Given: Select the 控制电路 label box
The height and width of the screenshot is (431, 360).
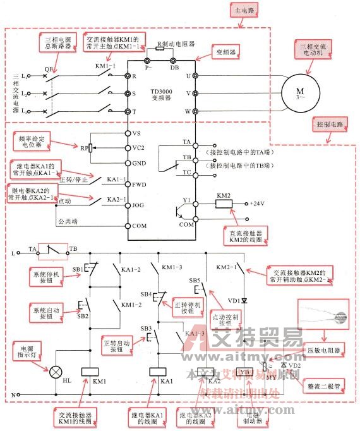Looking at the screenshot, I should (x=330, y=124).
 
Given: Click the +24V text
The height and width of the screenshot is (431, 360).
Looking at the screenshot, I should (x=258, y=204).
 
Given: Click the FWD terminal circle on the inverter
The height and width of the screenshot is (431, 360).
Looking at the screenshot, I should (x=128, y=185).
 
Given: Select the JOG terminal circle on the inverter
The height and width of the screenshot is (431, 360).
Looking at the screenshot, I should (x=128, y=204).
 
